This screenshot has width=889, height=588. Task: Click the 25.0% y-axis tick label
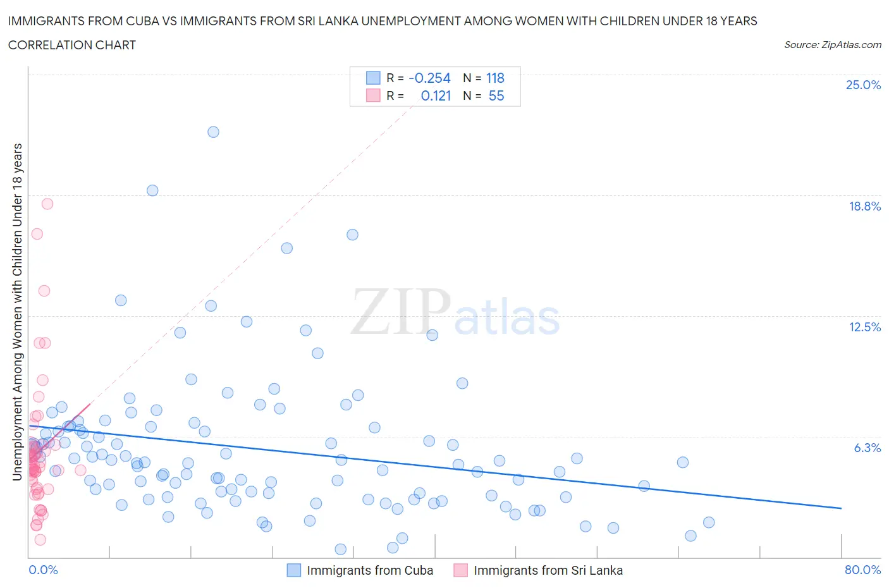tap(863, 85)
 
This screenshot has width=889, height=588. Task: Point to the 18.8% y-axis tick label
tap(864, 206)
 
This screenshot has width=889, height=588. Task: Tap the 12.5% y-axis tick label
tap(864, 327)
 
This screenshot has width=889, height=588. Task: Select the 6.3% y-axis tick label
tap(867, 448)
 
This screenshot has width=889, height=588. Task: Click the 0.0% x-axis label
tap(43, 570)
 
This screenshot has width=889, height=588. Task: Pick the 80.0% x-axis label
tap(862, 570)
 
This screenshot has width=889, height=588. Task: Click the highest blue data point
tap(213, 132)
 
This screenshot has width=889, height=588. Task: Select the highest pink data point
tap(47, 204)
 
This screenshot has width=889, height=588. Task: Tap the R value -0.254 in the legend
tap(429, 78)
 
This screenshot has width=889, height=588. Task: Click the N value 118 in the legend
tap(495, 78)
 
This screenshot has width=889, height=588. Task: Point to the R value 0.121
tap(436, 95)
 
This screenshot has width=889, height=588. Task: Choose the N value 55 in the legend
tap(496, 95)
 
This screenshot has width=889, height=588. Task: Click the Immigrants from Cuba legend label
tap(370, 570)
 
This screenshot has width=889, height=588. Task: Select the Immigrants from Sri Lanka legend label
tap(548, 570)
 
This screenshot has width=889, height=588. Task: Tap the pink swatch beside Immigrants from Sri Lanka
tap(461, 570)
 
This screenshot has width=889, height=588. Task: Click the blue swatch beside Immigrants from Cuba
tap(294, 570)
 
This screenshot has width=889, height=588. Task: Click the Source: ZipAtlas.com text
tap(832, 44)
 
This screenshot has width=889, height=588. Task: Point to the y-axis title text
tap(18, 312)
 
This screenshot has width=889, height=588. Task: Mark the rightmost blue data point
tap(709, 522)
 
